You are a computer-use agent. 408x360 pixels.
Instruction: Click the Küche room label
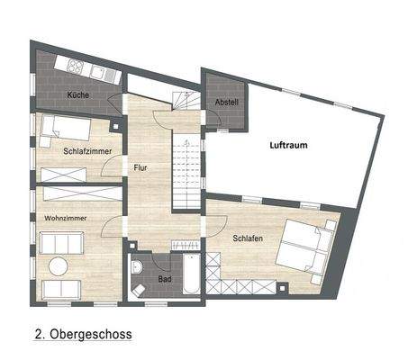click(x=77, y=94)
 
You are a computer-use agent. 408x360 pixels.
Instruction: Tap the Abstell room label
click(x=226, y=103)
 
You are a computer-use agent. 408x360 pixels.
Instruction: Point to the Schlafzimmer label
click(x=87, y=151)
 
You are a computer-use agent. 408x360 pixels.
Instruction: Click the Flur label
click(x=141, y=167)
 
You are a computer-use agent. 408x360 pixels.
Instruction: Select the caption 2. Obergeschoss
click(x=83, y=334)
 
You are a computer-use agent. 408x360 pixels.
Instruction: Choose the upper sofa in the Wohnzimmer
click(x=61, y=242)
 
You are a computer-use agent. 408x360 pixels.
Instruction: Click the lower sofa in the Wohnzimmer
click(x=61, y=288)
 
